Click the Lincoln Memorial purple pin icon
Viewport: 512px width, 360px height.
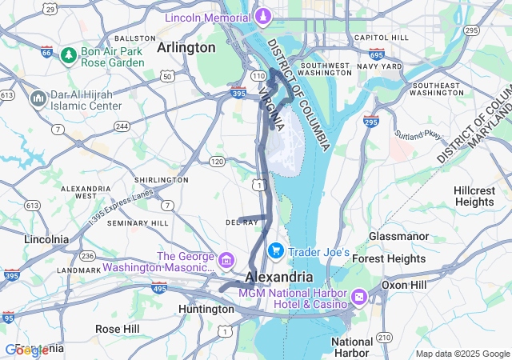pyautogui.click(x=262, y=16)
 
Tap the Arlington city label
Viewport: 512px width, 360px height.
pyautogui.click(x=186, y=47)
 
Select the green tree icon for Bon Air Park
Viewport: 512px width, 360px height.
pyautogui.click(x=69, y=54)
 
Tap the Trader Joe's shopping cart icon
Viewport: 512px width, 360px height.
pyautogui.click(x=276, y=251)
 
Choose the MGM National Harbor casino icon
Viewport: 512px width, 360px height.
pyautogui.click(x=358, y=298)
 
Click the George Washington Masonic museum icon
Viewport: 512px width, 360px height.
pyautogui.click(x=226, y=259)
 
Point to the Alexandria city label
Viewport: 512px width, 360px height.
pyautogui.click(x=278, y=276)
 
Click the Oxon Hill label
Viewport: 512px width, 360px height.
pyautogui.click(x=407, y=284)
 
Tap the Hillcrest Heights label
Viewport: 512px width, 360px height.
pyautogui.click(x=474, y=196)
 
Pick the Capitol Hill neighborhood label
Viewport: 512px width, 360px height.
pyautogui.click(x=381, y=37)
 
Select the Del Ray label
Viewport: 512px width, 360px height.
pyautogui.click(x=241, y=222)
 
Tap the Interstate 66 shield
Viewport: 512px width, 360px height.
pyautogui.click(x=46, y=53)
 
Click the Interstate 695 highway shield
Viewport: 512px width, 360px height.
pyautogui.click(x=376, y=55)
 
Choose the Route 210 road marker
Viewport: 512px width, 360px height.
pyautogui.click(x=385, y=336)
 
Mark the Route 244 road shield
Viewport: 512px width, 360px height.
pyautogui.click(x=122, y=126)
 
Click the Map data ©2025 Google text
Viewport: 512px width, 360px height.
pyautogui.click(x=462, y=354)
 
